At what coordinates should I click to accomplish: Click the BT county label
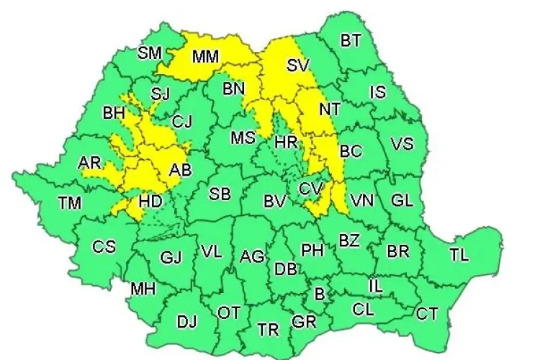click(351, 41)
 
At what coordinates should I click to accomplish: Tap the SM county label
click(150, 53)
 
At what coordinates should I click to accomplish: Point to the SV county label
click(297, 66)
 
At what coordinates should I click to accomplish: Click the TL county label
click(459, 255)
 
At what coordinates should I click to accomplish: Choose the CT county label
click(427, 313)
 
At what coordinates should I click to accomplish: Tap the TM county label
click(70, 203)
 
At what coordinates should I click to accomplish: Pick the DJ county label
click(186, 321)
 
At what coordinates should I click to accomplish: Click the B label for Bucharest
click(320, 293)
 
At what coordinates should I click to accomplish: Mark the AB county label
click(180, 171)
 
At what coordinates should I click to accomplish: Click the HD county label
click(150, 202)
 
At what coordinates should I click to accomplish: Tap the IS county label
click(377, 91)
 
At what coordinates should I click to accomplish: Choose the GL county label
click(402, 200)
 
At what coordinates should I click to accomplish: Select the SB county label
click(220, 193)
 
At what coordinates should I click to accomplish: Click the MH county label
click(143, 289)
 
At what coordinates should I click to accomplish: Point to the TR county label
click(269, 330)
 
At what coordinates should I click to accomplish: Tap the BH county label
click(114, 113)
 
